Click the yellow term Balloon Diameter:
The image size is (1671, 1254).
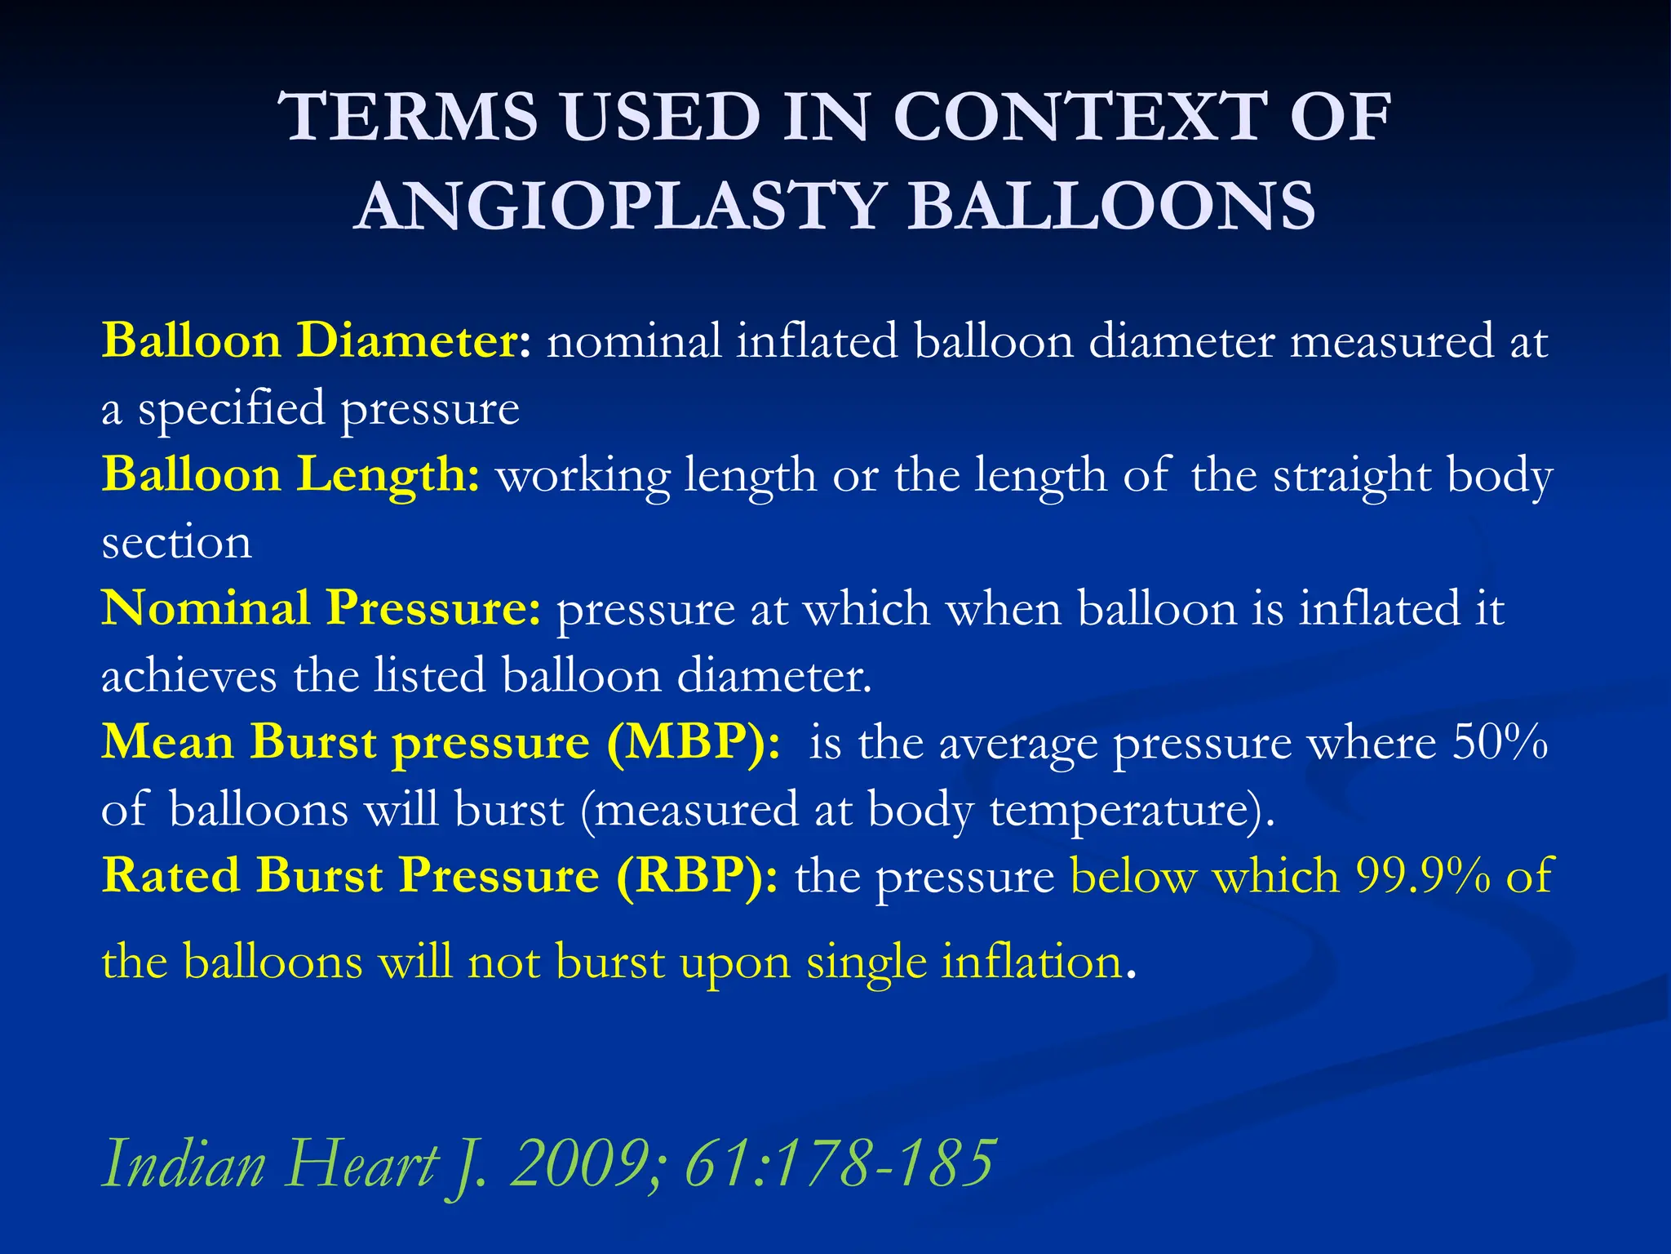[x=317, y=340]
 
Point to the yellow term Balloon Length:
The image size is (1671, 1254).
[x=291, y=474]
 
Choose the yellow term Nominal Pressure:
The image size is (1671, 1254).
[x=321, y=608]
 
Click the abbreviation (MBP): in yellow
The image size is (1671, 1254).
[x=693, y=743]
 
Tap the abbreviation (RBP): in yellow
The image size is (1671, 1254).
[x=697, y=876]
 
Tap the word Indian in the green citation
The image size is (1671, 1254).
[x=184, y=1163]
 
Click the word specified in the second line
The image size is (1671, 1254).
[x=231, y=408]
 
